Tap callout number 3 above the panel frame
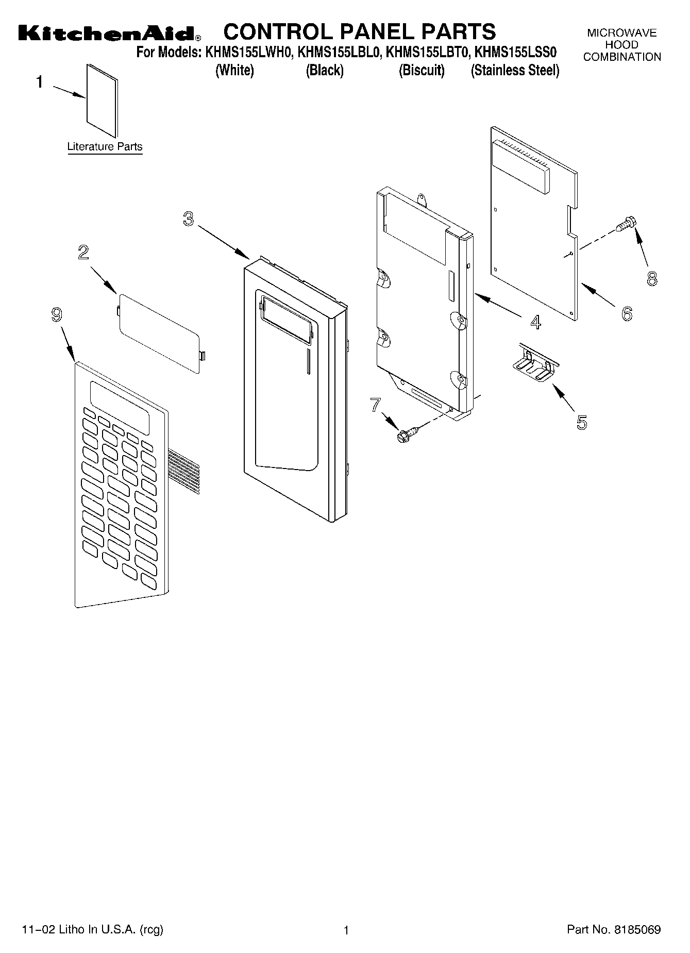click(189, 219)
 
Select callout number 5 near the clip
click(581, 422)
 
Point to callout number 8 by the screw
click(652, 279)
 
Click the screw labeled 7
click(402, 435)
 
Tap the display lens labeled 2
click(159, 333)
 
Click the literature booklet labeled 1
click(102, 101)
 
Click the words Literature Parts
click(105, 147)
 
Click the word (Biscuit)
click(422, 71)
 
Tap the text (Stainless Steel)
click(515, 71)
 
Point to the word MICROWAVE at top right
click(622, 34)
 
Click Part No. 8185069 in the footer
click(613, 930)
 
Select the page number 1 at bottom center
click(346, 930)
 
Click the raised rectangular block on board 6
click(520, 166)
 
